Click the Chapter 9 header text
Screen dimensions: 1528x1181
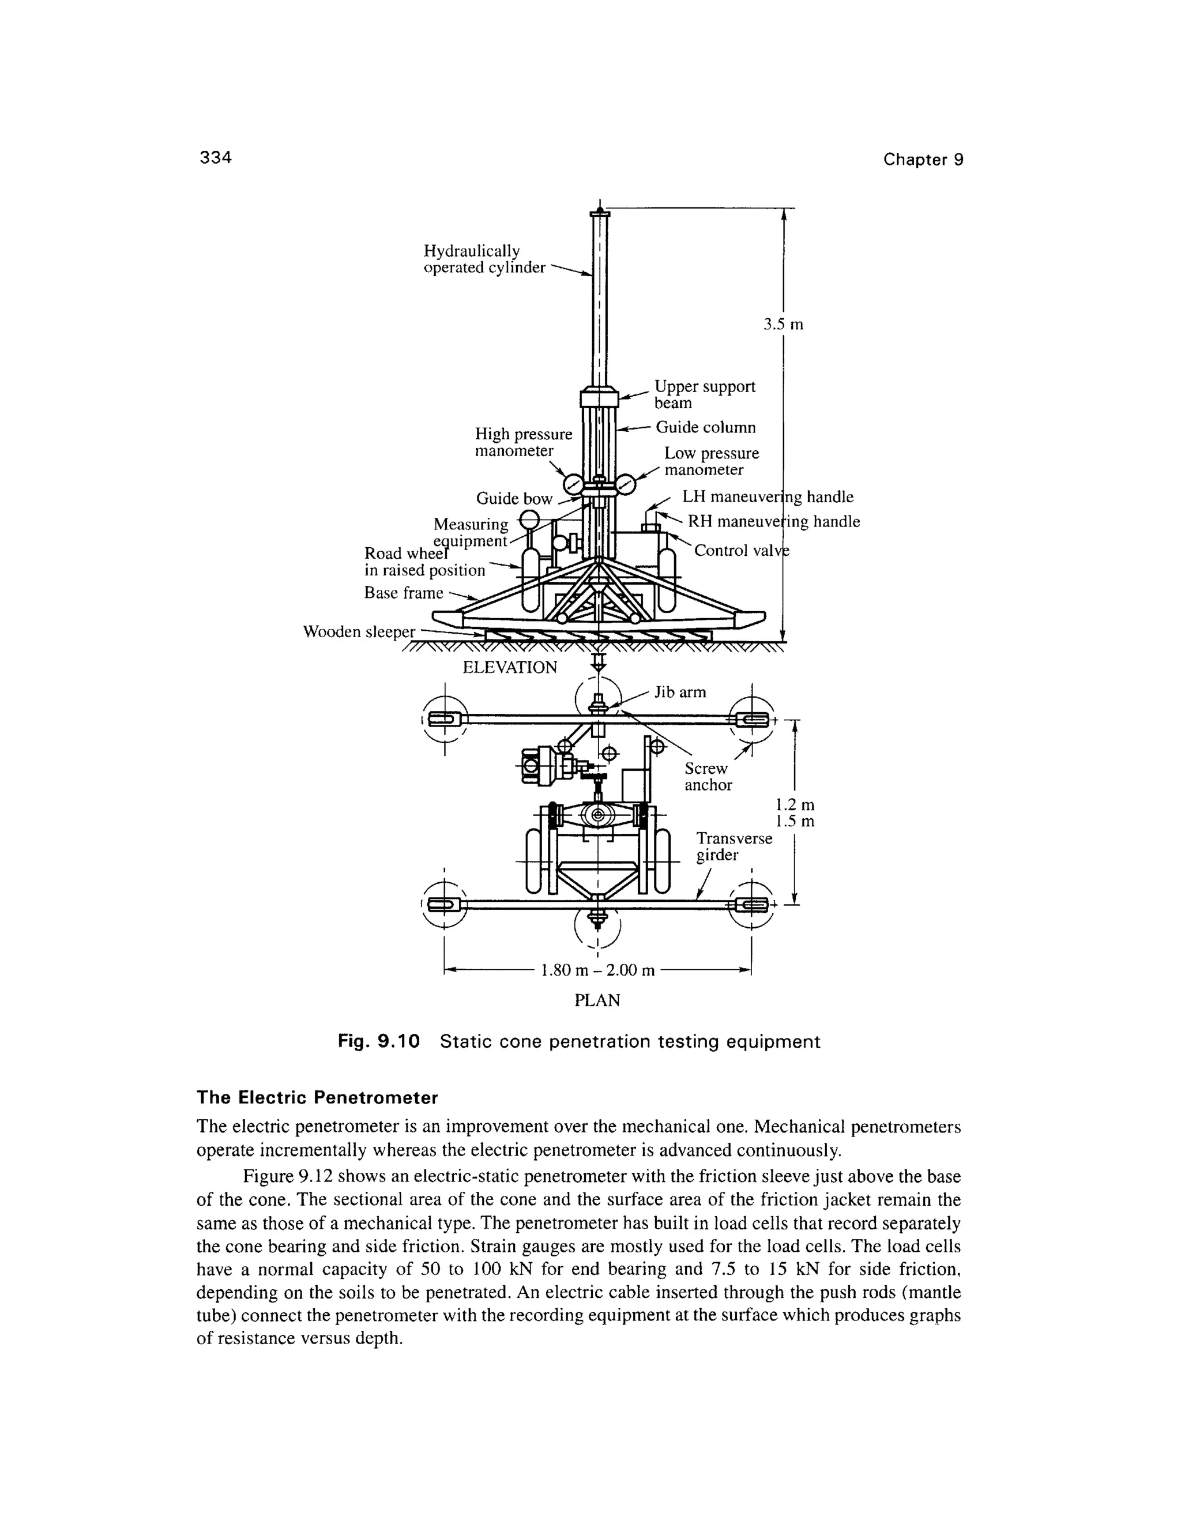point(923,160)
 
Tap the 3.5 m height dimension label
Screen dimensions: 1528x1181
point(783,325)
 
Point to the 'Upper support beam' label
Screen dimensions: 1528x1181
point(704,394)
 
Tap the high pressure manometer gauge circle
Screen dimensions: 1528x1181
point(574,483)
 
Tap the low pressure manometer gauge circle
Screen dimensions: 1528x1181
point(625,483)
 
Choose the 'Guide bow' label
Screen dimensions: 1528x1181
point(514,499)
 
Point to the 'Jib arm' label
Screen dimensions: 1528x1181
point(680,693)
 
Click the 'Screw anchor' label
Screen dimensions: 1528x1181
point(708,777)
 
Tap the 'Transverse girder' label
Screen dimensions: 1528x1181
point(734,846)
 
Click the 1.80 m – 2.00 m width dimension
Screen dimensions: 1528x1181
point(597,970)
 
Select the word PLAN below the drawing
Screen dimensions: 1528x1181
point(597,1000)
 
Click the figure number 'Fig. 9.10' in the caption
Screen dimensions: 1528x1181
point(378,1042)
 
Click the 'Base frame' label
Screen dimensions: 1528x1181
point(404,593)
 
